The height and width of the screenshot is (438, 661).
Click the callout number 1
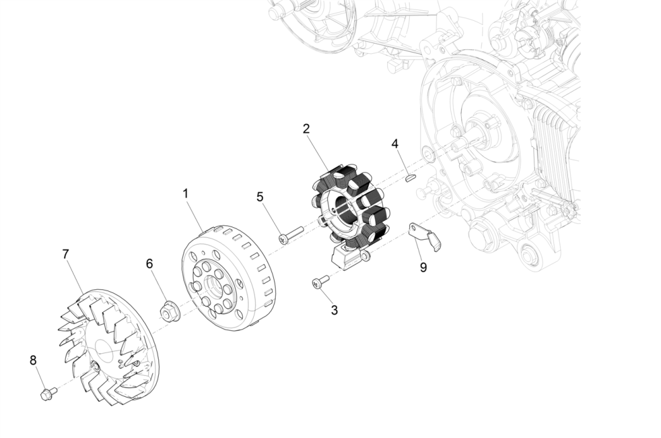click(186, 194)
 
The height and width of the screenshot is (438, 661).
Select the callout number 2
click(306, 128)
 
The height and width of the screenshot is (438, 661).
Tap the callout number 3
click(334, 310)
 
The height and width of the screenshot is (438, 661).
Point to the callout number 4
click(395, 144)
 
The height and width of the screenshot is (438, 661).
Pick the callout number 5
click(260, 197)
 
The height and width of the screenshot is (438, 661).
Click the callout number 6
click(150, 263)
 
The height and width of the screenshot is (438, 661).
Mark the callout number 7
click(66, 254)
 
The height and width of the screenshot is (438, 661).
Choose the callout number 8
click(33, 360)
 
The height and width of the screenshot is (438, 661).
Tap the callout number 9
click(423, 267)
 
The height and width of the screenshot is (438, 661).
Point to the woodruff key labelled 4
click(409, 178)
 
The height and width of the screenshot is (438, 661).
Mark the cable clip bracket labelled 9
click(426, 235)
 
